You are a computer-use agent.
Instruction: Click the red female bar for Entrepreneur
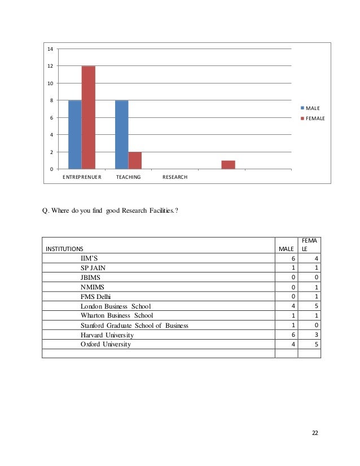[x=89, y=117]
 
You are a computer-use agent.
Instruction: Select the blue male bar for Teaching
[x=121, y=134]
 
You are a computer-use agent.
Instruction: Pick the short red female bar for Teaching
[x=135, y=160]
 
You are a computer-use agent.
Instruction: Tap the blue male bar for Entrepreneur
[x=75, y=134]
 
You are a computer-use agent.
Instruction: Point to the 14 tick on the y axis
[x=50, y=49]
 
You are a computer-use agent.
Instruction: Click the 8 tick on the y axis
[x=51, y=100]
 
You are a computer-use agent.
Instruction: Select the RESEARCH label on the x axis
[x=175, y=177]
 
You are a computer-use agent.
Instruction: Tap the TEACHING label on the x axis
[x=128, y=177]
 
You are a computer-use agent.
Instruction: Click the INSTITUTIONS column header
[x=64, y=248]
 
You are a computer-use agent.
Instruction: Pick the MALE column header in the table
[x=286, y=248]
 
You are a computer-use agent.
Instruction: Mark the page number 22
[x=315, y=432]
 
